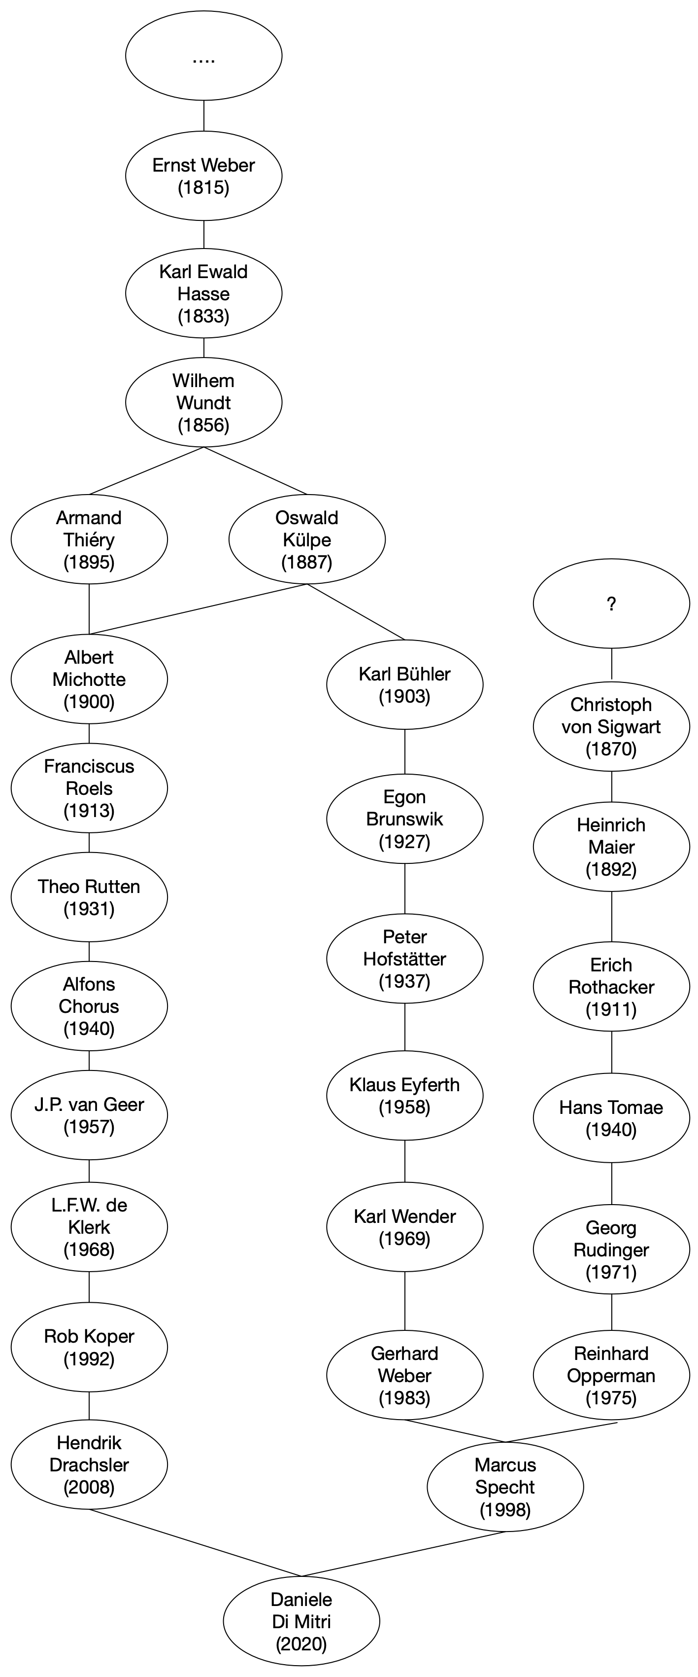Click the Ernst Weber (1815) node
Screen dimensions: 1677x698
tap(203, 176)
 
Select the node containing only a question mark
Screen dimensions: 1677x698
tap(611, 603)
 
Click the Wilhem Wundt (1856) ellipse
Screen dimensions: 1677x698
tap(203, 402)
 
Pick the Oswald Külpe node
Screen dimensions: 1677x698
tap(306, 539)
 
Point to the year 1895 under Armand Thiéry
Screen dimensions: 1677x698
tap(89, 562)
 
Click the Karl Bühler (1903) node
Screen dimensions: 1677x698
tap(404, 684)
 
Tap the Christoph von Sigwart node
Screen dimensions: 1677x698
tap(611, 726)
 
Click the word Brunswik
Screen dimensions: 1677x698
tap(404, 819)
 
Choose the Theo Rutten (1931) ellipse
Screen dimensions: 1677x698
tap(89, 897)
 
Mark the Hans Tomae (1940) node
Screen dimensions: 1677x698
tap(611, 1118)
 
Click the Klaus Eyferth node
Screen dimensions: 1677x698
tap(404, 1095)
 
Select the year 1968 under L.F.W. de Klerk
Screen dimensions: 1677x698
tap(89, 1249)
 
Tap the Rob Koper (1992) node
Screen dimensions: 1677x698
tap(89, 1347)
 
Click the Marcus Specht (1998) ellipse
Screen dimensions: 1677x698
tap(505, 1487)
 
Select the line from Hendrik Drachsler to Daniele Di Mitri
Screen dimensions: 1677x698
tap(195, 1543)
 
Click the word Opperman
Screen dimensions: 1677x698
tap(611, 1376)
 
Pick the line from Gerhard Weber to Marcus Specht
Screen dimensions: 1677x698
tap(455, 1430)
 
